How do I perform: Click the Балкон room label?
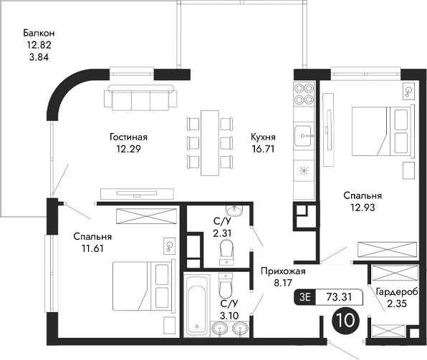click(x=39, y=33)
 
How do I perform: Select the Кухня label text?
click(x=263, y=137)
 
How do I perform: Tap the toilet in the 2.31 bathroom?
click(x=226, y=250)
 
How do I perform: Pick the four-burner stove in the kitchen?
click(x=304, y=96)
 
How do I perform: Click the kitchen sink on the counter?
click(x=304, y=133)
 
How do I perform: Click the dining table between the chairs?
click(x=210, y=141)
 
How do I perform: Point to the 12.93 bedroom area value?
click(x=362, y=208)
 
